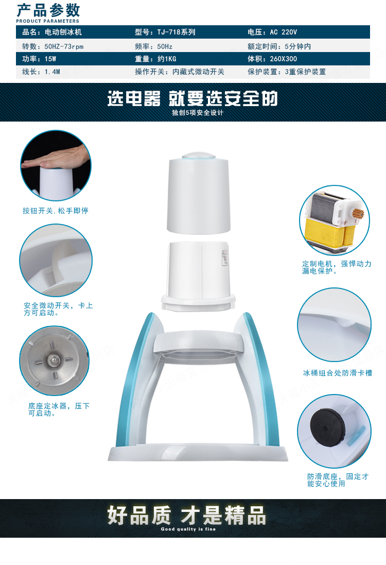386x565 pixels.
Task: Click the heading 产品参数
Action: pos(48,10)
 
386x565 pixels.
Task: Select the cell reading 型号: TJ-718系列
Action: pos(165,32)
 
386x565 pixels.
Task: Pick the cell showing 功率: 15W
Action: pos(39,59)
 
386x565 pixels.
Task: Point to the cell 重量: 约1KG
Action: pos(155,59)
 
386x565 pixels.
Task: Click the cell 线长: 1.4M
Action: pos(41,72)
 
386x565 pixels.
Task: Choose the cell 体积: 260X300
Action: pos(272,59)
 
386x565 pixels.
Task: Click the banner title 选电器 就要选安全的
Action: pos(192,98)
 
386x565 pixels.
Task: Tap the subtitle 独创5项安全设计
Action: pos(198,113)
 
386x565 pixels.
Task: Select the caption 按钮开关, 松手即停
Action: pos(56,211)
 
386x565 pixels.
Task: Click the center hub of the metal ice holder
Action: pos(53,359)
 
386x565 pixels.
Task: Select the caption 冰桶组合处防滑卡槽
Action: pos(338,373)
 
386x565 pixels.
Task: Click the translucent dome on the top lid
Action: pos(199,156)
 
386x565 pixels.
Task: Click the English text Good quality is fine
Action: pos(188,529)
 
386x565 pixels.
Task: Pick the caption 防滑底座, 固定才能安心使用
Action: pos(338,480)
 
